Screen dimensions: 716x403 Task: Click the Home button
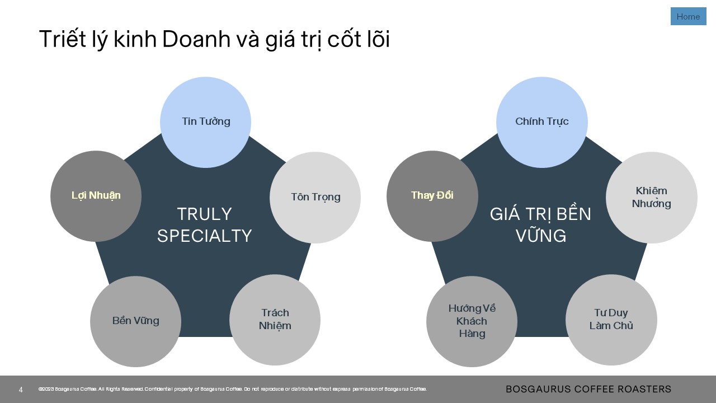click(x=688, y=16)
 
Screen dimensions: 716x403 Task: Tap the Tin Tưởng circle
click(x=205, y=122)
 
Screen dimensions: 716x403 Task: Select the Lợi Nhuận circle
click(x=96, y=196)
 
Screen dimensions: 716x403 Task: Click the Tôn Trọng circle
click(x=315, y=198)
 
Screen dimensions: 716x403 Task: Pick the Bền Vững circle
click(x=135, y=321)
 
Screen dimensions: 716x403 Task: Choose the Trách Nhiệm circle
click(x=275, y=320)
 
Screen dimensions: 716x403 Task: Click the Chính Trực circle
click(x=542, y=122)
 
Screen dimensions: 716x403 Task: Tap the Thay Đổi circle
click(x=432, y=196)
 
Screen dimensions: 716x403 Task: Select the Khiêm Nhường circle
click(x=652, y=198)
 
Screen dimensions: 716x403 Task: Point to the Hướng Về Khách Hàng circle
click(x=472, y=321)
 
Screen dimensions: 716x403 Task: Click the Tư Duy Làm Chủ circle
click(x=611, y=320)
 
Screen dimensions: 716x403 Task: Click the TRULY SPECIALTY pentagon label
click(x=205, y=225)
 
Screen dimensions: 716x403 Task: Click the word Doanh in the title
click(x=196, y=39)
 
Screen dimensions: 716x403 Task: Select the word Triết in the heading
click(x=63, y=39)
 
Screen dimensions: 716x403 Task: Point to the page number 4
click(x=21, y=390)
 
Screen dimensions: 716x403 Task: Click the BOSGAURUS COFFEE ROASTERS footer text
click(x=588, y=389)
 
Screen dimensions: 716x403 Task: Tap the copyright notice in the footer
click(x=233, y=389)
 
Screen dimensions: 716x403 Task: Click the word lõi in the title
click(x=379, y=39)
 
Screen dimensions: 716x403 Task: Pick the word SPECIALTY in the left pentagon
click(x=205, y=236)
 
